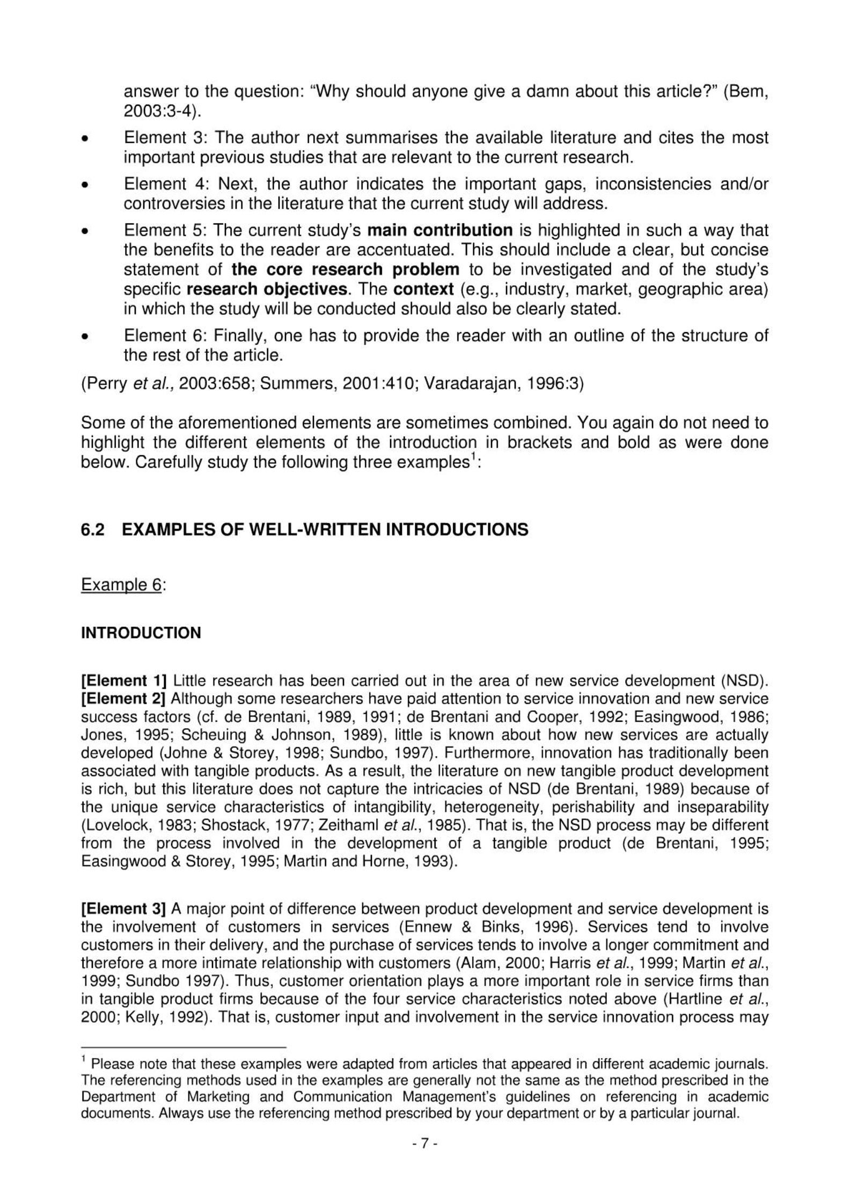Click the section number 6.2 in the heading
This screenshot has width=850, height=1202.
click(92, 530)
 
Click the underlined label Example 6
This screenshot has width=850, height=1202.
click(121, 584)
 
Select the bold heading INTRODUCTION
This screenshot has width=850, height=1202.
click(141, 633)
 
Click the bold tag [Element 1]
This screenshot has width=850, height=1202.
click(124, 681)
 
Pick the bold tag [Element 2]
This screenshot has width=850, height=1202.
click(124, 699)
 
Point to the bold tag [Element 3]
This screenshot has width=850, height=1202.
click(124, 909)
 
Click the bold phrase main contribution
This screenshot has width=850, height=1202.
click(439, 230)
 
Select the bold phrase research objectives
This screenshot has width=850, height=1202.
click(266, 289)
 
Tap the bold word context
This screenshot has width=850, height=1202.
click(423, 289)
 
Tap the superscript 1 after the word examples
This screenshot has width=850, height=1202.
click(473, 457)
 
